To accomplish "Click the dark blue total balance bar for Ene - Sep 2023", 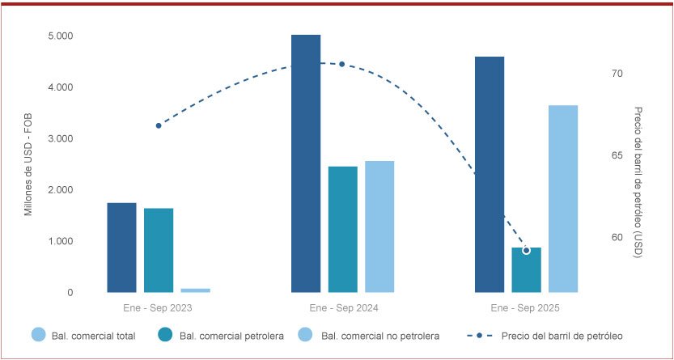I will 121,247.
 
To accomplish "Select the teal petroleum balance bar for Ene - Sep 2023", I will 159,250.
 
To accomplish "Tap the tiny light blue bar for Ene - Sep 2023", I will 195,290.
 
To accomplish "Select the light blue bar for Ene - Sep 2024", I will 379,227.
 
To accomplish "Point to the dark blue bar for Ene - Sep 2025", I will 490,174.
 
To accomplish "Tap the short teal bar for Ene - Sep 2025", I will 526,270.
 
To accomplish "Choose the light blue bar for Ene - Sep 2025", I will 563,198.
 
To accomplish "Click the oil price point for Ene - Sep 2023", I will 159,125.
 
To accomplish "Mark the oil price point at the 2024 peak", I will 341,64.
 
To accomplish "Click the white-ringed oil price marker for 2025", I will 526,251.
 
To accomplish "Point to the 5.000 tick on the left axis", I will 60,36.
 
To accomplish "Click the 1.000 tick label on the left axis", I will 60,242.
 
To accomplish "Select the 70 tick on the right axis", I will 617,74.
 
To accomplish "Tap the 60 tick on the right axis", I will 617,238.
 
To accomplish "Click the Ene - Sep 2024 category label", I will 343,308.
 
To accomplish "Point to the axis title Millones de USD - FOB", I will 28,164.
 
